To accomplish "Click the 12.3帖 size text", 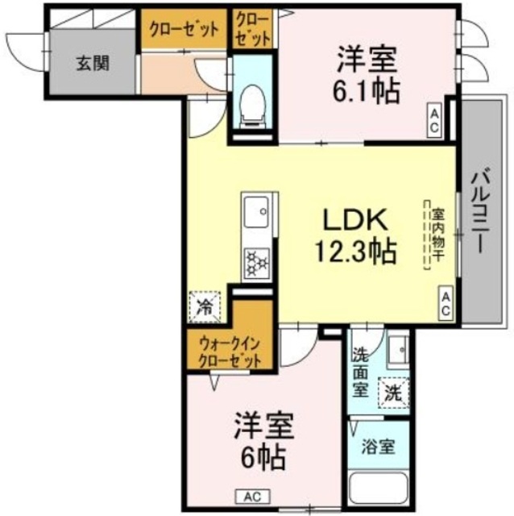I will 355,253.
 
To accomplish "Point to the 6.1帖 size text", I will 366,90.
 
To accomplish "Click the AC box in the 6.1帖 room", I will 433,121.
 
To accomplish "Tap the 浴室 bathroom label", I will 376,444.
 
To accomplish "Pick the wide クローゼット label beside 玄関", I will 183,30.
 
